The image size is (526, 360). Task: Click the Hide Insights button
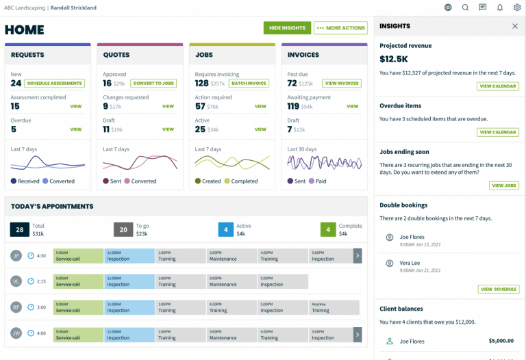(x=287, y=28)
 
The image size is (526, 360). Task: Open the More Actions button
(x=340, y=28)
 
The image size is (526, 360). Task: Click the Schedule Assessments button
(x=54, y=83)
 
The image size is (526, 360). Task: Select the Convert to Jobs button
(x=153, y=83)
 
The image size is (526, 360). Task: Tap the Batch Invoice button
(x=249, y=83)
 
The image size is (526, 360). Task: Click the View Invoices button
(x=342, y=83)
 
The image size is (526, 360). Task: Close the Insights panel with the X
(x=515, y=26)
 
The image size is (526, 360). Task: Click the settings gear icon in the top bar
(x=517, y=8)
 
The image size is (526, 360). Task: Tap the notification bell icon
(x=500, y=8)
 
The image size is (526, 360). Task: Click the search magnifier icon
(x=466, y=8)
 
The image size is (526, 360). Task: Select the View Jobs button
(x=504, y=185)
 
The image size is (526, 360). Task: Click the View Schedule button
(x=499, y=290)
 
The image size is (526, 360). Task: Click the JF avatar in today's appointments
(x=16, y=256)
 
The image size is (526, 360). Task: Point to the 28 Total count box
(x=19, y=230)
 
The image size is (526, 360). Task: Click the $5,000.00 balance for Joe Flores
(x=501, y=340)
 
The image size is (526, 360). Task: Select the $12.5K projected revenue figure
(x=394, y=60)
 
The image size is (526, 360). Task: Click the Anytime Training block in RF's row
(x=334, y=307)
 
